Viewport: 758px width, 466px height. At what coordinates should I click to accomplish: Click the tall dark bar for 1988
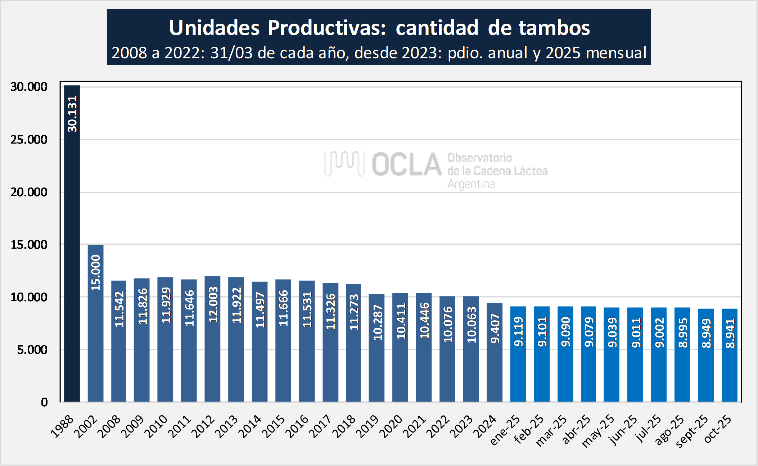[x=72, y=252]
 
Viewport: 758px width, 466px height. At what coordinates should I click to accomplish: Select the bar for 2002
[x=95, y=324]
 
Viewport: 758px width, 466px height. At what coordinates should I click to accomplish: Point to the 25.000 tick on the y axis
[x=29, y=140]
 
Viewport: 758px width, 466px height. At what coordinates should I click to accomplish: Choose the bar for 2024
[x=495, y=353]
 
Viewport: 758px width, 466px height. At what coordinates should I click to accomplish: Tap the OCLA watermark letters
[x=407, y=164]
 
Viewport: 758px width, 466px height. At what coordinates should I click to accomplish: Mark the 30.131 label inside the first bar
[x=72, y=114]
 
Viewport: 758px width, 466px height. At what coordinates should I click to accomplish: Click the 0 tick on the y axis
[x=44, y=402]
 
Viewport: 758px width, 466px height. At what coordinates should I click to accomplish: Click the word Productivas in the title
[x=327, y=28]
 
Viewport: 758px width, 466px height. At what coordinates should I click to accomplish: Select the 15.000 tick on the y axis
[x=29, y=245]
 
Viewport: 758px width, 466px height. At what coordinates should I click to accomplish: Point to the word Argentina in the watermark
[x=471, y=184]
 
